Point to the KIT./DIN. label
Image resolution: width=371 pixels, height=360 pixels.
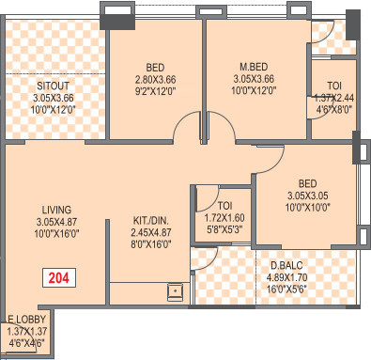click(x=151, y=223)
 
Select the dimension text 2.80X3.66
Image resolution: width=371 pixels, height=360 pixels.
click(x=155, y=80)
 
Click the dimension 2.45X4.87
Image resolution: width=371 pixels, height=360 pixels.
click(x=151, y=235)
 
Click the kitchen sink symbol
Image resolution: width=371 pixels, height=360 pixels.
click(x=176, y=290)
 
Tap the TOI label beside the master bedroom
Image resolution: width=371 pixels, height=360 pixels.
click(x=334, y=85)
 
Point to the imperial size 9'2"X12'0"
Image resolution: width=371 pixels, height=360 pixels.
click(x=155, y=92)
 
